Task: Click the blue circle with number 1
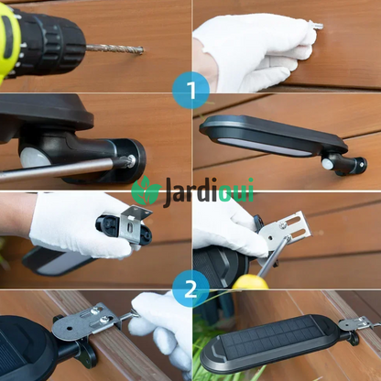pyautogui.click(x=190, y=91)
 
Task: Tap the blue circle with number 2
pyautogui.click(x=190, y=288)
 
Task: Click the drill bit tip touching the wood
pyautogui.click(x=141, y=49)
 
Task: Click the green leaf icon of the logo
pyautogui.click(x=147, y=190)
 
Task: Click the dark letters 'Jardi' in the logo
pyautogui.click(x=190, y=192)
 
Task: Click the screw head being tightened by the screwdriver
pyautogui.click(x=131, y=159)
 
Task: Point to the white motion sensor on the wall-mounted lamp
pyautogui.click(x=328, y=164)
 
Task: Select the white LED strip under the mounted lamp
pyautogui.click(x=263, y=147)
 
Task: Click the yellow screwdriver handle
pyautogui.click(x=250, y=282)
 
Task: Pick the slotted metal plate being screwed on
pyautogui.click(x=286, y=231)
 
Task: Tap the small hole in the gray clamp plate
pyautogui.click(x=71, y=329)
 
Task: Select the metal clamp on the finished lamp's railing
pyautogui.click(x=358, y=324)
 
